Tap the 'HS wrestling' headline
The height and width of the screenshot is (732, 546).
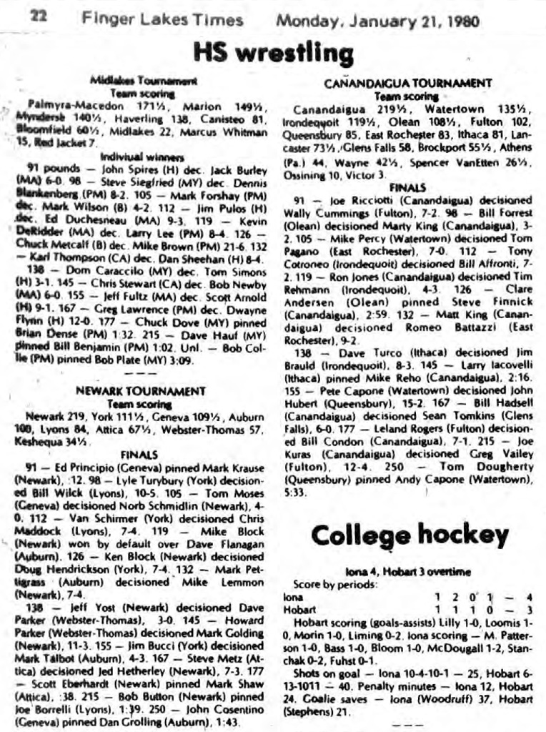273,53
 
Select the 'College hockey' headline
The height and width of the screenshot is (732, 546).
409,534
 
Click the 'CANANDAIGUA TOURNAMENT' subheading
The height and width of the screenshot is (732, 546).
407,83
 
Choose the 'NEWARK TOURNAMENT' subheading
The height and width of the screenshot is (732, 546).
140,391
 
